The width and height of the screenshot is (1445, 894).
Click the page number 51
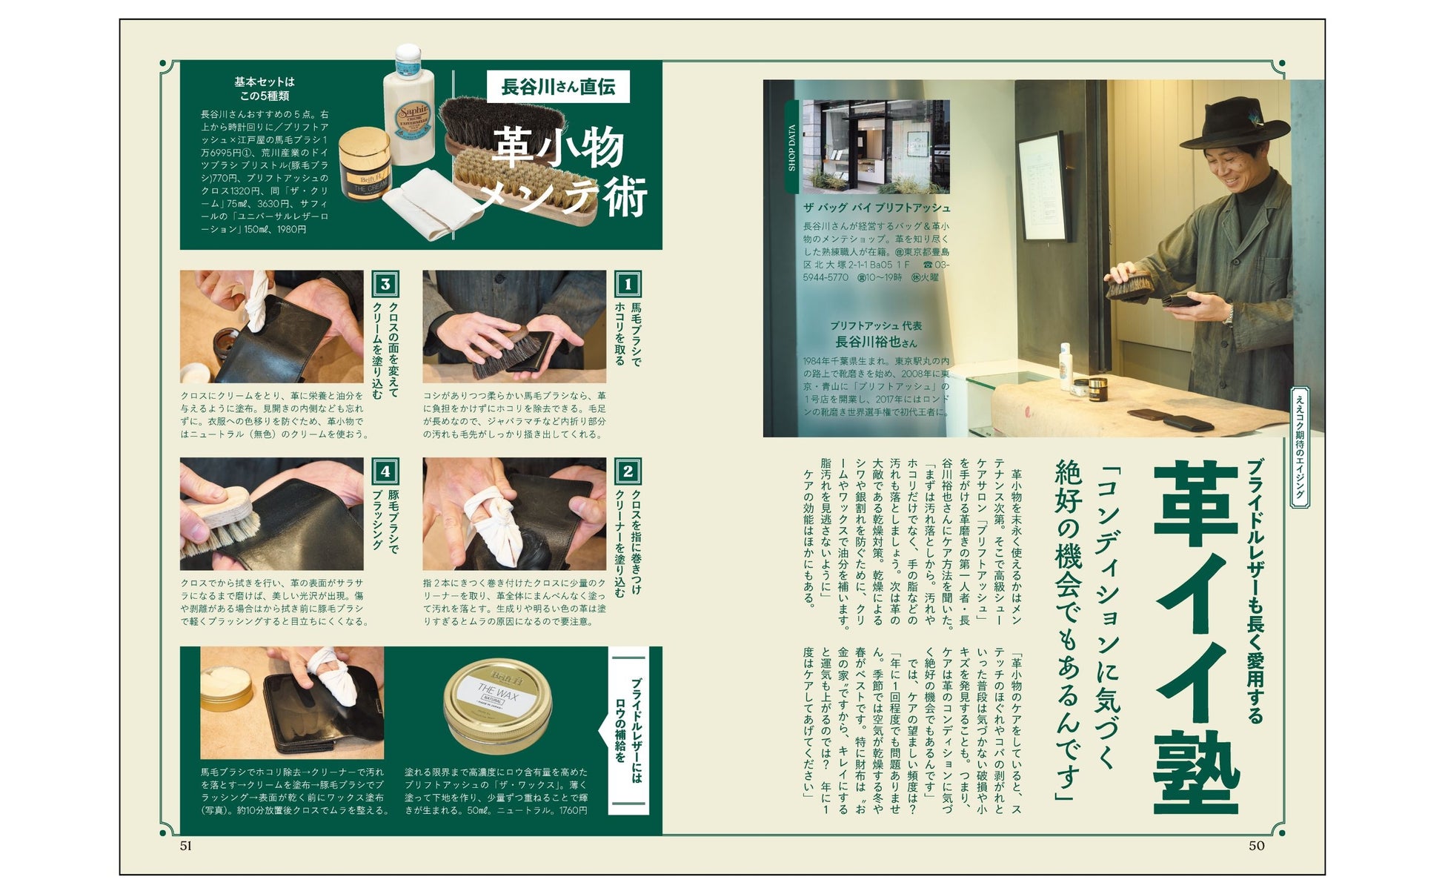click(186, 846)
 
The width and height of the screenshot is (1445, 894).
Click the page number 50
click(1257, 846)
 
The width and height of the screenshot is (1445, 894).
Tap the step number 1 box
click(628, 284)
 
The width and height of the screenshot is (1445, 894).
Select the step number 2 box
click(628, 471)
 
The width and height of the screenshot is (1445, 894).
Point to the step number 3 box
click(385, 284)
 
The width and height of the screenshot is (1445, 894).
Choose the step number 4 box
click(385, 471)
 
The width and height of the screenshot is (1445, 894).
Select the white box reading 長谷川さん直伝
click(558, 87)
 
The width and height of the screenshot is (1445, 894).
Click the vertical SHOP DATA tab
click(791, 147)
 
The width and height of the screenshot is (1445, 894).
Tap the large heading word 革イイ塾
click(1196, 637)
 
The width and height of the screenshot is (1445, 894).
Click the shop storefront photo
click(876, 146)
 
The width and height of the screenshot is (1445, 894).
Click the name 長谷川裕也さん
click(876, 342)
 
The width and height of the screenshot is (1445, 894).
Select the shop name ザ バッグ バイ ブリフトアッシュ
click(877, 208)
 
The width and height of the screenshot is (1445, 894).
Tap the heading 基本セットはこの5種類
click(265, 89)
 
